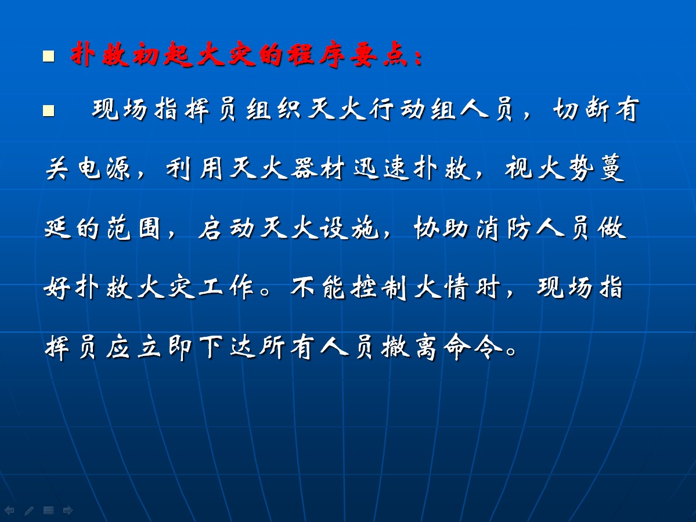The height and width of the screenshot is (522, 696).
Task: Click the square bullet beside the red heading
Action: pyautogui.click(x=48, y=56)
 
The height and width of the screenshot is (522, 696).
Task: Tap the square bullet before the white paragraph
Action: pyautogui.click(x=48, y=110)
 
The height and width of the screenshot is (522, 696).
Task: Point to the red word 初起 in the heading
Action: pyautogui.click(x=163, y=55)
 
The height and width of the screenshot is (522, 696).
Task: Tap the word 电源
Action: pyautogui.click(x=104, y=168)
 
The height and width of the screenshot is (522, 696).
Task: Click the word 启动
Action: pyautogui.click(x=226, y=228)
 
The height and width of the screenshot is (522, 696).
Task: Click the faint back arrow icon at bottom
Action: pyautogui.click(x=9, y=510)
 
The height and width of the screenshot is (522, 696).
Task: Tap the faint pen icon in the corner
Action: pyautogui.click(x=29, y=510)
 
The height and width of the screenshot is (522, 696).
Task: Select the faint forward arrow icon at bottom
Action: pyautogui.click(x=68, y=510)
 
